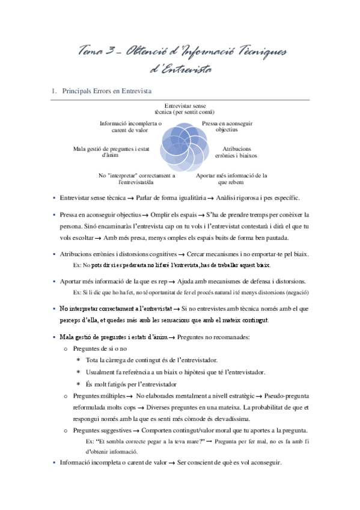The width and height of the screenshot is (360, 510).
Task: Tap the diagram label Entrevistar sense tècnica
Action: point(181,109)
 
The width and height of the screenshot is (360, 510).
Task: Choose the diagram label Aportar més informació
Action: point(231,179)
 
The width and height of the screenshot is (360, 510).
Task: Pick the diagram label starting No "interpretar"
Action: point(137,179)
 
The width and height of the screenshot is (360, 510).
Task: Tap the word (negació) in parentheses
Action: point(296,292)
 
